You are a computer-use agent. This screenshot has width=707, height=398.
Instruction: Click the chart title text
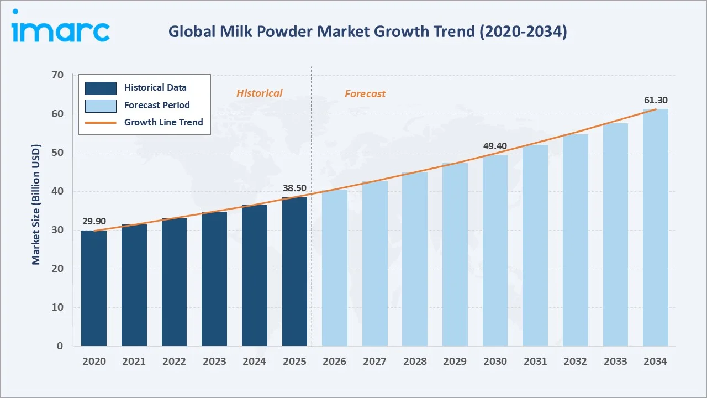pyautogui.click(x=367, y=32)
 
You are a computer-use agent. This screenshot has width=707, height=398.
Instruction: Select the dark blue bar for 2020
pyautogui.click(x=94, y=288)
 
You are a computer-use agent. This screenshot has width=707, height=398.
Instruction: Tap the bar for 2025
pyautogui.click(x=294, y=271)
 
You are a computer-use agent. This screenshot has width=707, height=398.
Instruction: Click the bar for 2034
pyautogui.click(x=656, y=227)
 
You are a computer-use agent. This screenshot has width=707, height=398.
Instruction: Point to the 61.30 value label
pyautogui.click(x=656, y=100)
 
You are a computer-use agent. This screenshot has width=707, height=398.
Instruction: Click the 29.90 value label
pyautogui.click(x=94, y=221)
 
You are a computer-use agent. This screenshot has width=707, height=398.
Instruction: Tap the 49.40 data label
pyautogui.click(x=495, y=146)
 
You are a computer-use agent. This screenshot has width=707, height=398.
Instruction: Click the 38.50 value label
pyautogui.click(x=294, y=188)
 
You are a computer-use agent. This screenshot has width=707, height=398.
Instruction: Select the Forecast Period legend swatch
pyautogui.click(x=101, y=105)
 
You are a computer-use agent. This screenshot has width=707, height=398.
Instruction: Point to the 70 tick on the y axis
pyautogui.click(x=57, y=75)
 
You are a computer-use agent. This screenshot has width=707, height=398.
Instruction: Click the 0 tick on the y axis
pyautogui.click(x=60, y=346)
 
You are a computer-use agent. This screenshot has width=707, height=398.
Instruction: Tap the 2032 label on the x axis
pyautogui.click(x=575, y=362)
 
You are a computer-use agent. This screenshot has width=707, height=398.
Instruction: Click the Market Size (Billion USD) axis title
pyautogui.click(x=36, y=205)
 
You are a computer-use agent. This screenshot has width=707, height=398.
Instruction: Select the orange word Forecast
pyautogui.click(x=365, y=94)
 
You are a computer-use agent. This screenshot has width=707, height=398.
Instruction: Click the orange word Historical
pyautogui.click(x=259, y=93)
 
